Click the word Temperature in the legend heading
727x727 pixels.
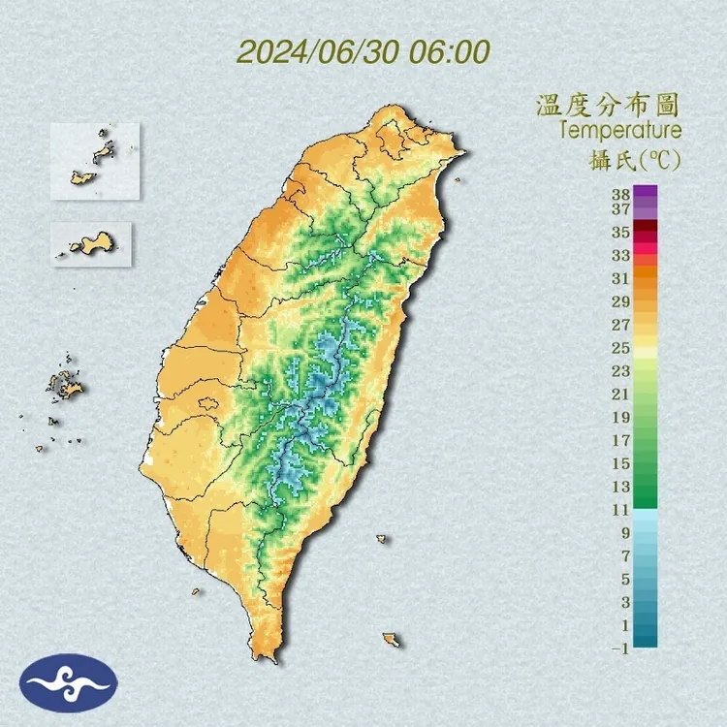(620, 130)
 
